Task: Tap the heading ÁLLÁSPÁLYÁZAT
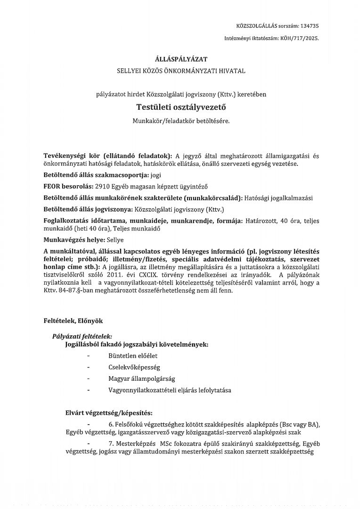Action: point(181,59)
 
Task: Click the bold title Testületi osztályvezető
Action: point(181,107)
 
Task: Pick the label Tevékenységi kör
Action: point(70,156)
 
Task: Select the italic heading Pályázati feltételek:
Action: point(82,337)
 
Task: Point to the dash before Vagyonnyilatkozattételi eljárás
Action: point(89,390)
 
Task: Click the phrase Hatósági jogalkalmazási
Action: point(278,198)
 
